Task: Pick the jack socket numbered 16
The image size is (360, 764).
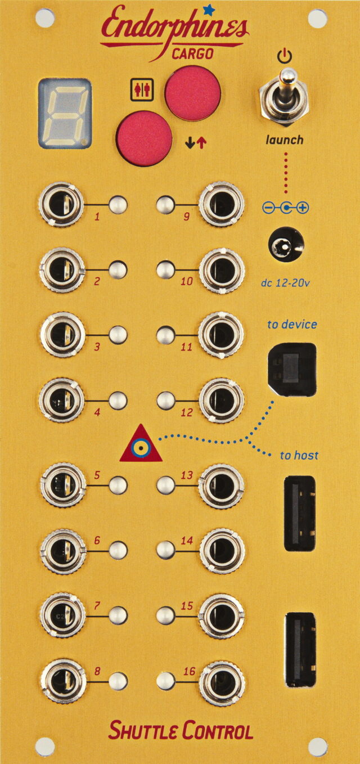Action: click(222, 682)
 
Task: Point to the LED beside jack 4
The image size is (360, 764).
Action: click(118, 401)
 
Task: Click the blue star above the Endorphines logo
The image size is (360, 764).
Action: click(210, 8)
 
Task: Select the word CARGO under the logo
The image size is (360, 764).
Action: click(192, 53)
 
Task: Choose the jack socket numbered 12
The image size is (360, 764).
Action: click(222, 401)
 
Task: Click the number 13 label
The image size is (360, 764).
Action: click(186, 475)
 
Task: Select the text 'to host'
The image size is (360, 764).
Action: click(299, 455)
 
